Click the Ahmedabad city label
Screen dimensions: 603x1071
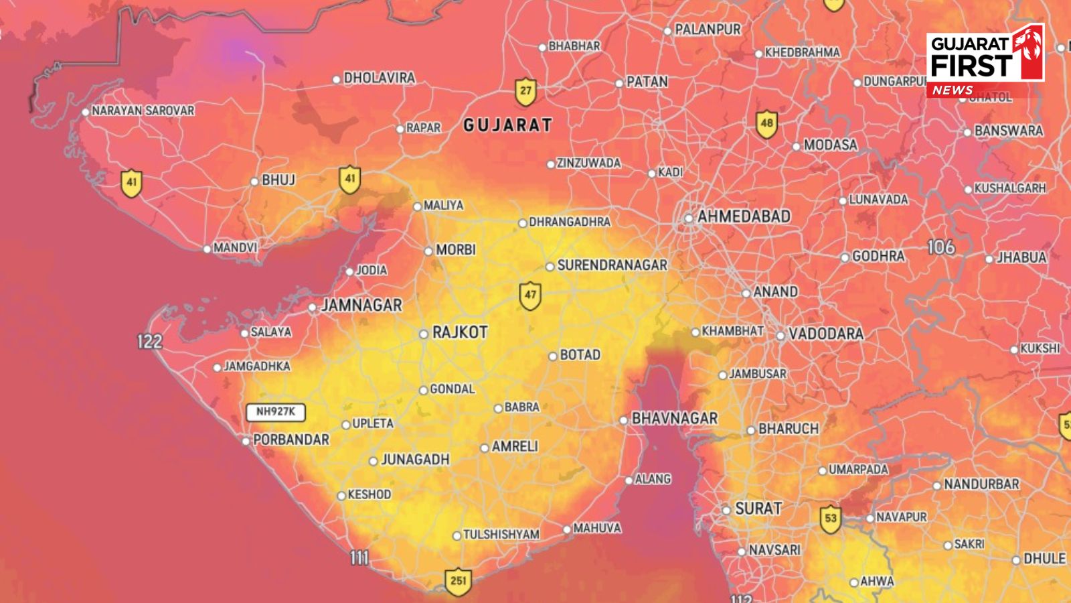(x=744, y=216)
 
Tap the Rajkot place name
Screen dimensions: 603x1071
(x=460, y=332)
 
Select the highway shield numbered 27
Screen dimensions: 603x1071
(x=525, y=92)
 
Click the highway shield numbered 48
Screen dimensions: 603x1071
(x=766, y=124)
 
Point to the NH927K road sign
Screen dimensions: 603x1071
(x=276, y=412)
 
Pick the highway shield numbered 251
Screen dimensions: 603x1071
(x=459, y=581)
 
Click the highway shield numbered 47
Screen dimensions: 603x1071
(x=530, y=295)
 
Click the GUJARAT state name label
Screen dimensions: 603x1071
(x=508, y=125)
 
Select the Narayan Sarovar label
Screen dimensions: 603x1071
(x=143, y=111)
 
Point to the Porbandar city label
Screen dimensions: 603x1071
(x=291, y=440)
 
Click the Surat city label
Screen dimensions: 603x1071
(x=758, y=509)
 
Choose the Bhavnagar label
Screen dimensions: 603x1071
(x=674, y=418)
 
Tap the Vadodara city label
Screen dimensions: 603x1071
(x=825, y=334)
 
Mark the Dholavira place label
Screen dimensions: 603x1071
(x=379, y=78)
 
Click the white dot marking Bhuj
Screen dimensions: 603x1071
(x=254, y=182)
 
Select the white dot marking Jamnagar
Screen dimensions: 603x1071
(x=313, y=308)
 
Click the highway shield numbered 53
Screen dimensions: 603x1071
(x=831, y=519)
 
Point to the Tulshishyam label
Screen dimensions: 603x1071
(x=501, y=535)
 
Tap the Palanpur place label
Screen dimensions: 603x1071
(x=708, y=29)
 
